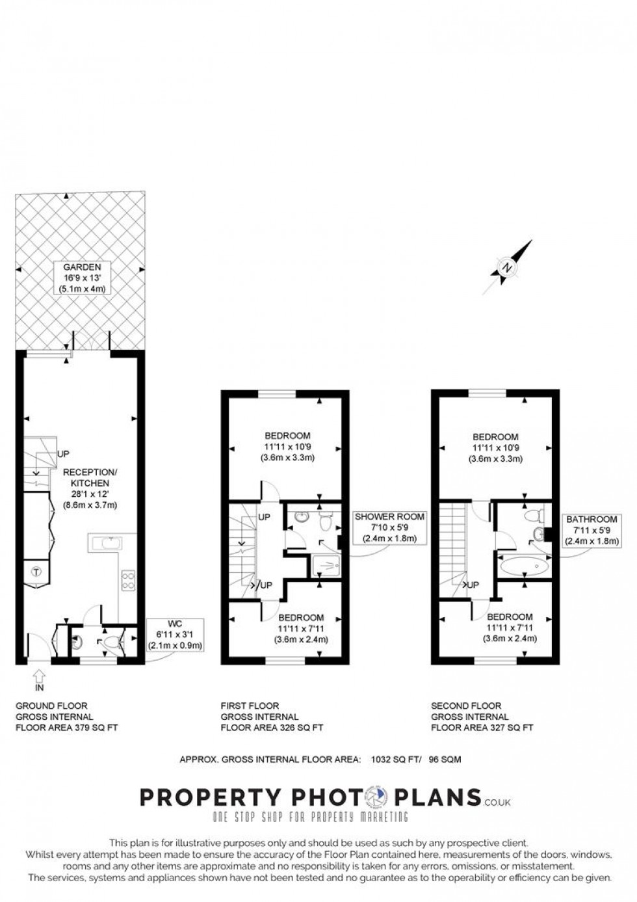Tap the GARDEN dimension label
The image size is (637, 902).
point(82,278)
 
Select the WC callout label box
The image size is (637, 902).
point(175,635)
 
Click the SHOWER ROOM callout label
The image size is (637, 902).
point(389,527)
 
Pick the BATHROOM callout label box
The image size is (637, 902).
point(591,530)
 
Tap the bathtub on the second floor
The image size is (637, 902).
point(524,566)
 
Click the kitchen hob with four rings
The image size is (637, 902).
point(128,579)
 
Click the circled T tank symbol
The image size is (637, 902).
point(36,572)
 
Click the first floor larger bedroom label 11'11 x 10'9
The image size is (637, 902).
point(287,447)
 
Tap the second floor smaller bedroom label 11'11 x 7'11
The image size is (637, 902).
point(510,628)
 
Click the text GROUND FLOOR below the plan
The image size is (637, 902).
point(51,706)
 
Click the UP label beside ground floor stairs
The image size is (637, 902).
point(63,453)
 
